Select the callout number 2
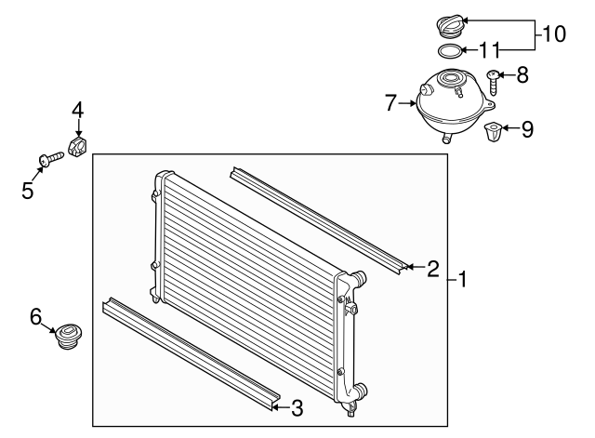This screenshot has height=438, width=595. coord(432,270)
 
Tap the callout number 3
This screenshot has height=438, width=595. coord(297,406)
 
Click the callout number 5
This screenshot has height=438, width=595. coord(27,192)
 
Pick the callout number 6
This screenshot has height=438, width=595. coord(36,317)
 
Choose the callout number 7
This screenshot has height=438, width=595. coord(391,101)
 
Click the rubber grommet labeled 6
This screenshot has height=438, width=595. coord(69,337)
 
